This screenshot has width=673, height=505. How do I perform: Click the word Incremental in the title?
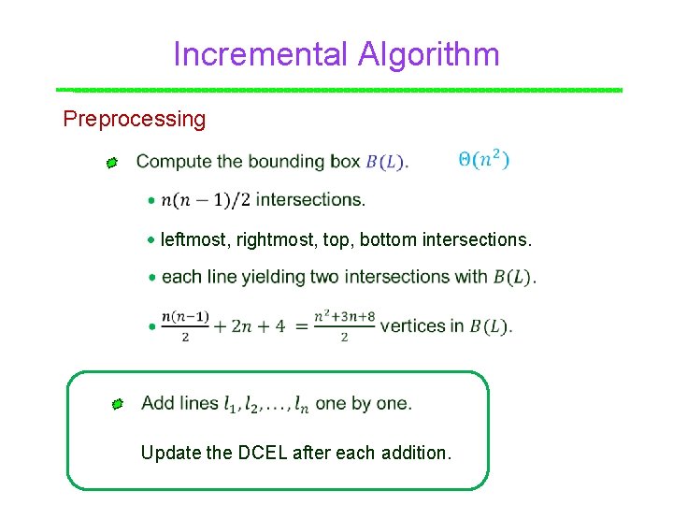(x=257, y=54)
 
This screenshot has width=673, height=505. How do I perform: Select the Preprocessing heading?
(x=134, y=119)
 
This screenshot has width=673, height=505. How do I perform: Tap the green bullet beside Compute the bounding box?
(x=111, y=164)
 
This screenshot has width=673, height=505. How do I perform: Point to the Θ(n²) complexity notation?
(x=483, y=160)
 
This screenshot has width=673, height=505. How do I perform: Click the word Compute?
(x=174, y=162)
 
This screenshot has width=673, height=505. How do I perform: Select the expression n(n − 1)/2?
(x=206, y=199)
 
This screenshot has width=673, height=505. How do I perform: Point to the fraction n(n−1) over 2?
(x=185, y=325)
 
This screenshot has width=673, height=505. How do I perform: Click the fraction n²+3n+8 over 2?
(x=344, y=325)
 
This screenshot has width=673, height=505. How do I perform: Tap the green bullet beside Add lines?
(x=116, y=405)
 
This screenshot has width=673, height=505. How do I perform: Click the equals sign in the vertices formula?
(x=300, y=326)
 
